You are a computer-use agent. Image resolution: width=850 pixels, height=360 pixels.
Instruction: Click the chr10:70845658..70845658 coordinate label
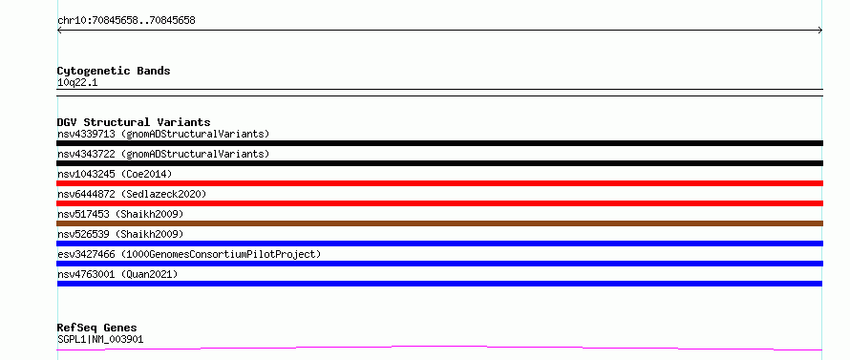coord(126,21)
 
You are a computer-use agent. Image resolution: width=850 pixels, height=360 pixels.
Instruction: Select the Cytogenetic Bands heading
coord(114,71)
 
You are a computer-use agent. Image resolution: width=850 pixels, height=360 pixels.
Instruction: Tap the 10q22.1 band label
coord(77,83)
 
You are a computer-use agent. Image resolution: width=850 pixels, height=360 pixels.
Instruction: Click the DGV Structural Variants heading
coord(134,122)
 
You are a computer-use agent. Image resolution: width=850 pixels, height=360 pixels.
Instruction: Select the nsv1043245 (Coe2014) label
coord(115,174)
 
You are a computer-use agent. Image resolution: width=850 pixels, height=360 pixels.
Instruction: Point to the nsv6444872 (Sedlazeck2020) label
coord(132,194)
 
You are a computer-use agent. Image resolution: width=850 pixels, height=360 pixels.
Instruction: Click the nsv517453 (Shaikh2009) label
coord(120,214)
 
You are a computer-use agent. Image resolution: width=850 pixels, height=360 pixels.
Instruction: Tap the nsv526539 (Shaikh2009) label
coord(120,234)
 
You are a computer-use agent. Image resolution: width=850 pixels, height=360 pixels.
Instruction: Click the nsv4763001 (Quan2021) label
coord(117,274)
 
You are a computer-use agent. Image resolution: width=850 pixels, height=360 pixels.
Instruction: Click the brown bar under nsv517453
coord(439,223)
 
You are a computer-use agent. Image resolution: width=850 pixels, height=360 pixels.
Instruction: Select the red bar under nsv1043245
coord(439,183)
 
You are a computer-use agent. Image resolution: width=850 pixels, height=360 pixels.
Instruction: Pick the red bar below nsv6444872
coord(439,203)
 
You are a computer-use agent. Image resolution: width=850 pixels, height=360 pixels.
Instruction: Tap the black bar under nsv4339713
coord(439,143)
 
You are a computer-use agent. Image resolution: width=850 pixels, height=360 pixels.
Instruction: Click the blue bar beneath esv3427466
coord(439,264)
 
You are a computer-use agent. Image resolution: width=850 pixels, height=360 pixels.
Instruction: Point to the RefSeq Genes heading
coord(97,328)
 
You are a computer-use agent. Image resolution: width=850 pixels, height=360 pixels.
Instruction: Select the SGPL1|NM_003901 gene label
coord(100,340)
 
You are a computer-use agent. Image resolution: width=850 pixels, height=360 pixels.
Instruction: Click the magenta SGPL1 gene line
coord(439,346)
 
